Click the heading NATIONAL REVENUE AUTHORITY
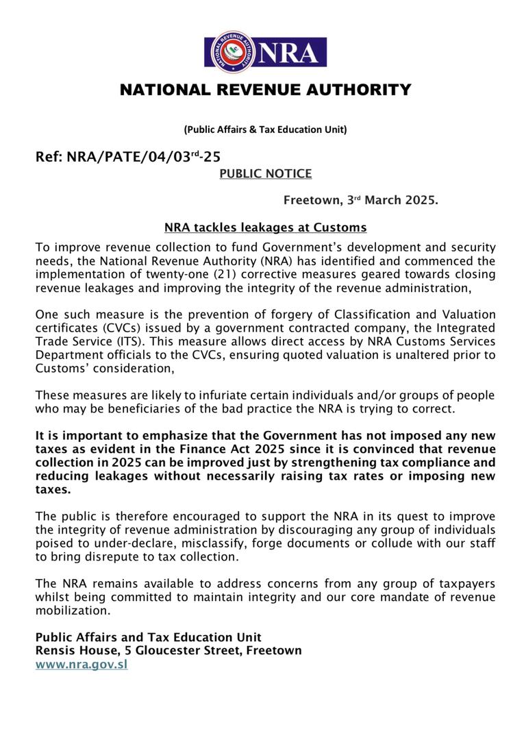click(266, 90)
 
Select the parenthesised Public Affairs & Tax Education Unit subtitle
click(265, 129)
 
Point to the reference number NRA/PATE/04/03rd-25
click(128, 157)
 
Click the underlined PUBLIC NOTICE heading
click(265, 174)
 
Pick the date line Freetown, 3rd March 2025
click(360, 201)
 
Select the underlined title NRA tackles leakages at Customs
click(266, 227)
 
